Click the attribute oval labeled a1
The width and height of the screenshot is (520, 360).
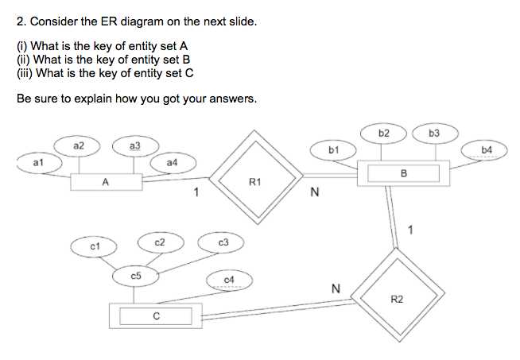[37, 162]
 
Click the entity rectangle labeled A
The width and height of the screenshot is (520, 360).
[106, 182]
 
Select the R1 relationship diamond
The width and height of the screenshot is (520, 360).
[254, 182]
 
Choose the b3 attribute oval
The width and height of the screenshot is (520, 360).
[433, 133]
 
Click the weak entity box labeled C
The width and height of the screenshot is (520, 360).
[155, 315]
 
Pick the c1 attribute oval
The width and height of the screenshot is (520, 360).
[94, 247]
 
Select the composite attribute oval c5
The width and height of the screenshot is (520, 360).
[136, 275]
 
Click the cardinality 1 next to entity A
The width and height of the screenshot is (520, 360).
[196, 192]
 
